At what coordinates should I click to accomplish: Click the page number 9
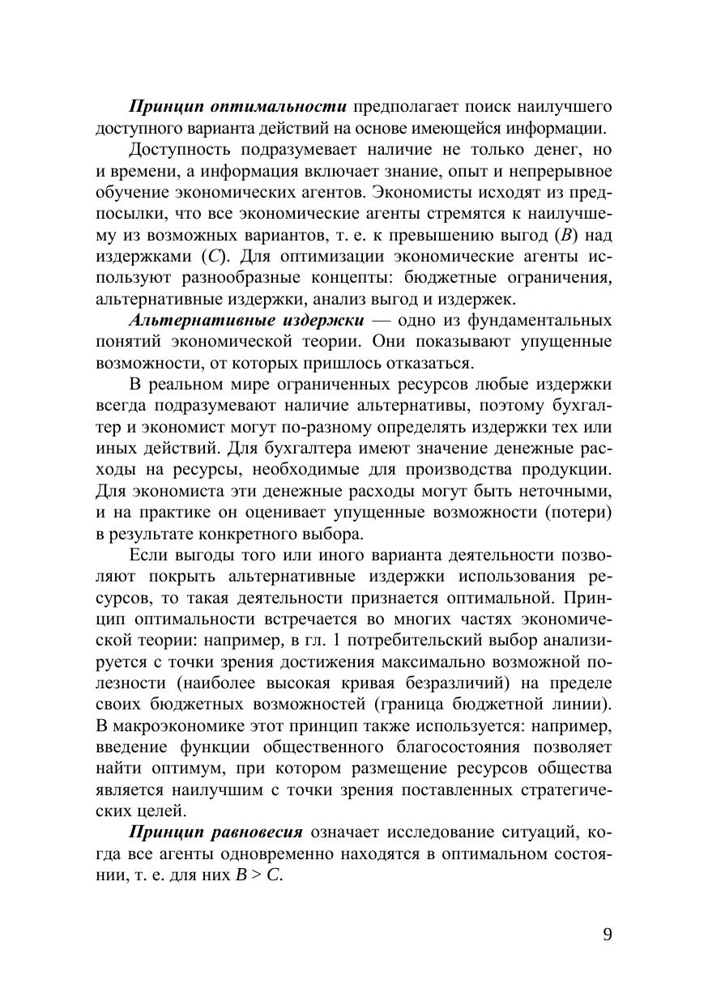pos(608,935)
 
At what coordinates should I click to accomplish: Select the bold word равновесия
pos(258,833)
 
